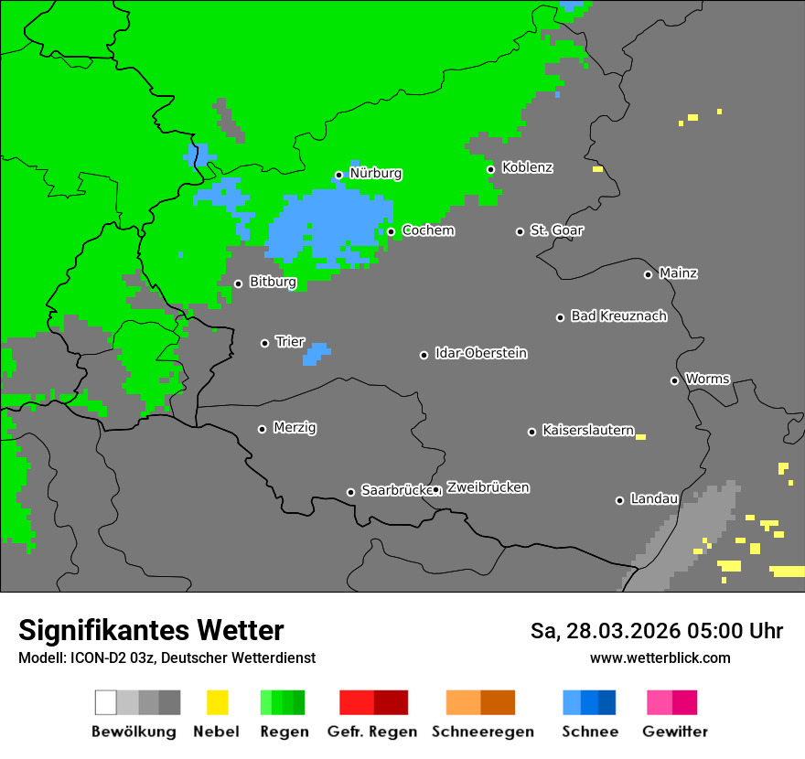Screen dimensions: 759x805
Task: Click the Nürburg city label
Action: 375,173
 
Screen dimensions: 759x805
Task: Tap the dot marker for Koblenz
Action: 490,169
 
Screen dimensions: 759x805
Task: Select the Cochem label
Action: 428,230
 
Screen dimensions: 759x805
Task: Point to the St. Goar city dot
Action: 520,231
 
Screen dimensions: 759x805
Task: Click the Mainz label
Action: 678,273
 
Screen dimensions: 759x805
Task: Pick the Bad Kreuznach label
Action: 618,316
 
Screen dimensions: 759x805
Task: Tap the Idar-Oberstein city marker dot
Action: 424,355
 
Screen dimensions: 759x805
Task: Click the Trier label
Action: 290,342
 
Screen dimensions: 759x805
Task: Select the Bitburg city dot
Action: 238,283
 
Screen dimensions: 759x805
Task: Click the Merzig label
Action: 295,428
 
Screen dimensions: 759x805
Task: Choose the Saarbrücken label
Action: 395,490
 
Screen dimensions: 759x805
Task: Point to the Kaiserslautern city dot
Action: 531,432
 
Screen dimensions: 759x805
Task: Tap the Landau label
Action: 654,499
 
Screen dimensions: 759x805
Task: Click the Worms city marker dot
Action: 674,380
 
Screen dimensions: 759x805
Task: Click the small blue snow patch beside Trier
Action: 316,354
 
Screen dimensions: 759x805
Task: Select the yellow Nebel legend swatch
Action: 217,702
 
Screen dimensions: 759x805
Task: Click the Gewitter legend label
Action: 675,732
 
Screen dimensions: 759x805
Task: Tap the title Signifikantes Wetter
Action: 151,630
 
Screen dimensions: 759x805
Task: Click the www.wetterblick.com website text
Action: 660,657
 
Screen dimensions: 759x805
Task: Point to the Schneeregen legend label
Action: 482,732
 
